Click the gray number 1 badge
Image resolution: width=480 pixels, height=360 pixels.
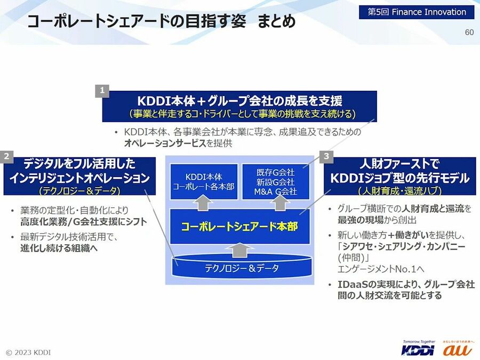click(x=102, y=91)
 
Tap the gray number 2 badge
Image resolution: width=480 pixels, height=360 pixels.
click(x=7, y=156)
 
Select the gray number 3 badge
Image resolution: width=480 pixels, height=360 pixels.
click(x=326, y=156)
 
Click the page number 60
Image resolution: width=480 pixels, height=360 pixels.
click(x=469, y=32)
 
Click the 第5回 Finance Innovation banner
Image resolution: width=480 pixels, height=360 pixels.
click(x=417, y=12)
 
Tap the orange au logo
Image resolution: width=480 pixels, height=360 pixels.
click(x=458, y=349)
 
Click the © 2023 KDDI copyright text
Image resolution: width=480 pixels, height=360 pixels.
click(x=28, y=353)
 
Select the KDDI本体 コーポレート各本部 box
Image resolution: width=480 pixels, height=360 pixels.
click(x=204, y=181)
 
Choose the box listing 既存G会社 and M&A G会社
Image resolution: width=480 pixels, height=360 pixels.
click(x=276, y=181)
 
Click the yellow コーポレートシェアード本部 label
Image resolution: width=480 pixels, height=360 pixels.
click(x=239, y=227)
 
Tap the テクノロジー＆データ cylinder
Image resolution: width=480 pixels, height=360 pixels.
click(x=242, y=266)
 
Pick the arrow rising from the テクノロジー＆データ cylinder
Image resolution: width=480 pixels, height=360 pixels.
click(x=242, y=250)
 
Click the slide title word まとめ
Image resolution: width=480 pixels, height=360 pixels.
click(x=276, y=21)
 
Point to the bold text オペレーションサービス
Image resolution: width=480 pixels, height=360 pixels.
click(x=165, y=143)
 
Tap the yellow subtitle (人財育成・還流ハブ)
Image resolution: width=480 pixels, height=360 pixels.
click(x=399, y=191)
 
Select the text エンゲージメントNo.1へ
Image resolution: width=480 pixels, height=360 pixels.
click(x=381, y=269)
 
